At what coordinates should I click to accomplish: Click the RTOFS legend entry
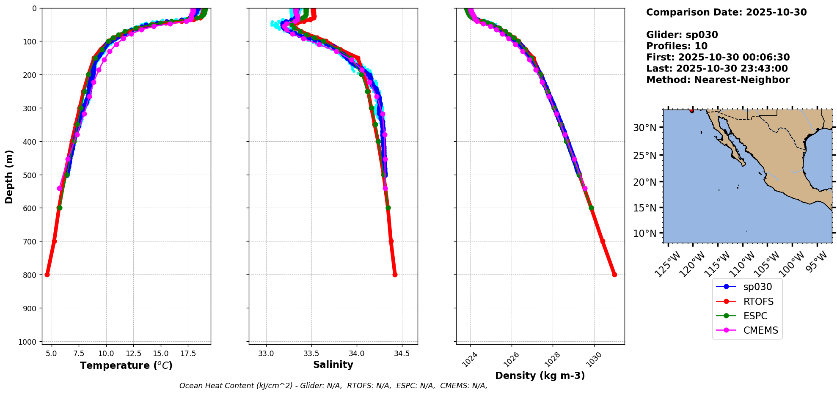[x=758, y=302]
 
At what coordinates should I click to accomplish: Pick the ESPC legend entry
[x=755, y=316]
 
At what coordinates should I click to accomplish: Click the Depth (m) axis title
[x=9, y=176]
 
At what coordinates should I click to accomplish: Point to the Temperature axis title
[x=126, y=365]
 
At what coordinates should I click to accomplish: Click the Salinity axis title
[x=333, y=365]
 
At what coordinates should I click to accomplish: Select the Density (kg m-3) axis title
[x=540, y=376]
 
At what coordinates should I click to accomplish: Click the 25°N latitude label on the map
[x=644, y=156]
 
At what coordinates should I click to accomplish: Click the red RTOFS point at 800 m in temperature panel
[x=47, y=274]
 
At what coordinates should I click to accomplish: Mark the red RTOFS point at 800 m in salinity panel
[x=395, y=274]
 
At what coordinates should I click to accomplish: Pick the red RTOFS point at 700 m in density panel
[x=603, y=241]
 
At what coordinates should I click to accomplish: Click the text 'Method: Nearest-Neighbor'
[x=718, y=80]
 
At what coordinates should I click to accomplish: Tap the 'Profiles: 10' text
[x=677, y=46]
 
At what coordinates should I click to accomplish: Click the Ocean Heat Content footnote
[x=333, y=386]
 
